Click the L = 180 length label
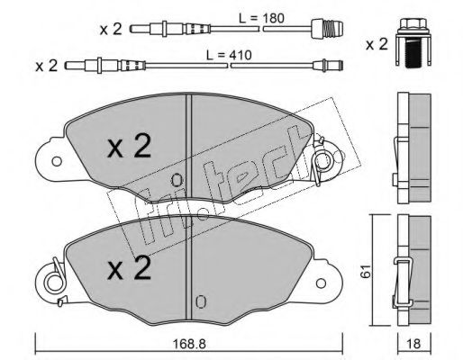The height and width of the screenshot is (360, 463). [x=261, y=19]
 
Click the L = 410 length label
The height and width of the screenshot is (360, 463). [x=229, y=55]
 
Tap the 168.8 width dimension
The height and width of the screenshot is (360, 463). [x=189, y=344]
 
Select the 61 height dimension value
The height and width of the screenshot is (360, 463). [x=366, y=272]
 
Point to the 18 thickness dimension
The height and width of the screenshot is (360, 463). [x=414, y=344]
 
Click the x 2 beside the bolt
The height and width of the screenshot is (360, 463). [x=377, y=45]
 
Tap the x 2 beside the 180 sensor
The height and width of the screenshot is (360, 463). [x=111, y=30]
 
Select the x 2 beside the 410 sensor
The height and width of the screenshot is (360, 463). [x=47, y=66]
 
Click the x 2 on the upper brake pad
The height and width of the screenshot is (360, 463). [x=130, y=146]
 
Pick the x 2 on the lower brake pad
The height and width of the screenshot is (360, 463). [x=130, y=268]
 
